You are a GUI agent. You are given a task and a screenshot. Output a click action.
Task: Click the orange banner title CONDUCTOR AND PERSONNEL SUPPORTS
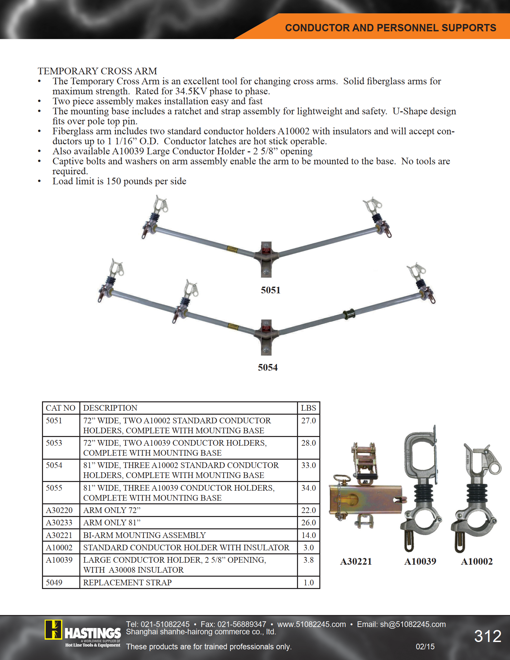coord(391,28)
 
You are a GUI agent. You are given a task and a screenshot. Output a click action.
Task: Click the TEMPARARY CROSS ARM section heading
coord(97,71)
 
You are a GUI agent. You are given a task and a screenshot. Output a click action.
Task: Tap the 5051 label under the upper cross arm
coord(271,290)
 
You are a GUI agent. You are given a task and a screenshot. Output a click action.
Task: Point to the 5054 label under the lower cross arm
coord(268,367)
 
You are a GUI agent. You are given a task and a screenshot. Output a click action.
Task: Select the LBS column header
coord(309,408)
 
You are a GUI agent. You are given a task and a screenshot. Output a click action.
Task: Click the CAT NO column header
coord(61,408)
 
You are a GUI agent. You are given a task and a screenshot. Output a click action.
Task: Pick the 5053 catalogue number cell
coord(54,443)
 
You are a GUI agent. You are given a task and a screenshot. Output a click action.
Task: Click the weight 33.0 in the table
coord(309,465)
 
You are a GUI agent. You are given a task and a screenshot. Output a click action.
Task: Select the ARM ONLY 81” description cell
coord(112,523)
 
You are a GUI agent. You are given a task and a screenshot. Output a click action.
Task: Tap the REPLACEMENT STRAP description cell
coord(127,582)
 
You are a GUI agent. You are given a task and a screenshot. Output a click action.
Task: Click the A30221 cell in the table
coord(59,535)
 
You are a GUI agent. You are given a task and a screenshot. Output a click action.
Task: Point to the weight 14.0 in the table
coord(309,535)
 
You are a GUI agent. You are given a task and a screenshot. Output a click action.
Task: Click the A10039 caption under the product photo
coord(420,562)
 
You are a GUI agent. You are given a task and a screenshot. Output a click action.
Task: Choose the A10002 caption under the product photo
coord(477,562)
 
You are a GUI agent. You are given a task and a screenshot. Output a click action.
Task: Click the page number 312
coord(488,636)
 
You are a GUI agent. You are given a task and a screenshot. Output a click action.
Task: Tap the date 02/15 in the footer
coord(425,647)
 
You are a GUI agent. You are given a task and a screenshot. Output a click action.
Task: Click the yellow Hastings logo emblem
coord(53,630)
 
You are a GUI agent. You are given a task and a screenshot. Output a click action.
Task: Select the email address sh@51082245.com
coord(413,624)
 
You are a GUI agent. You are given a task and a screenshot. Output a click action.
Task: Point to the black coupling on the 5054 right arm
coord(349,314)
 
